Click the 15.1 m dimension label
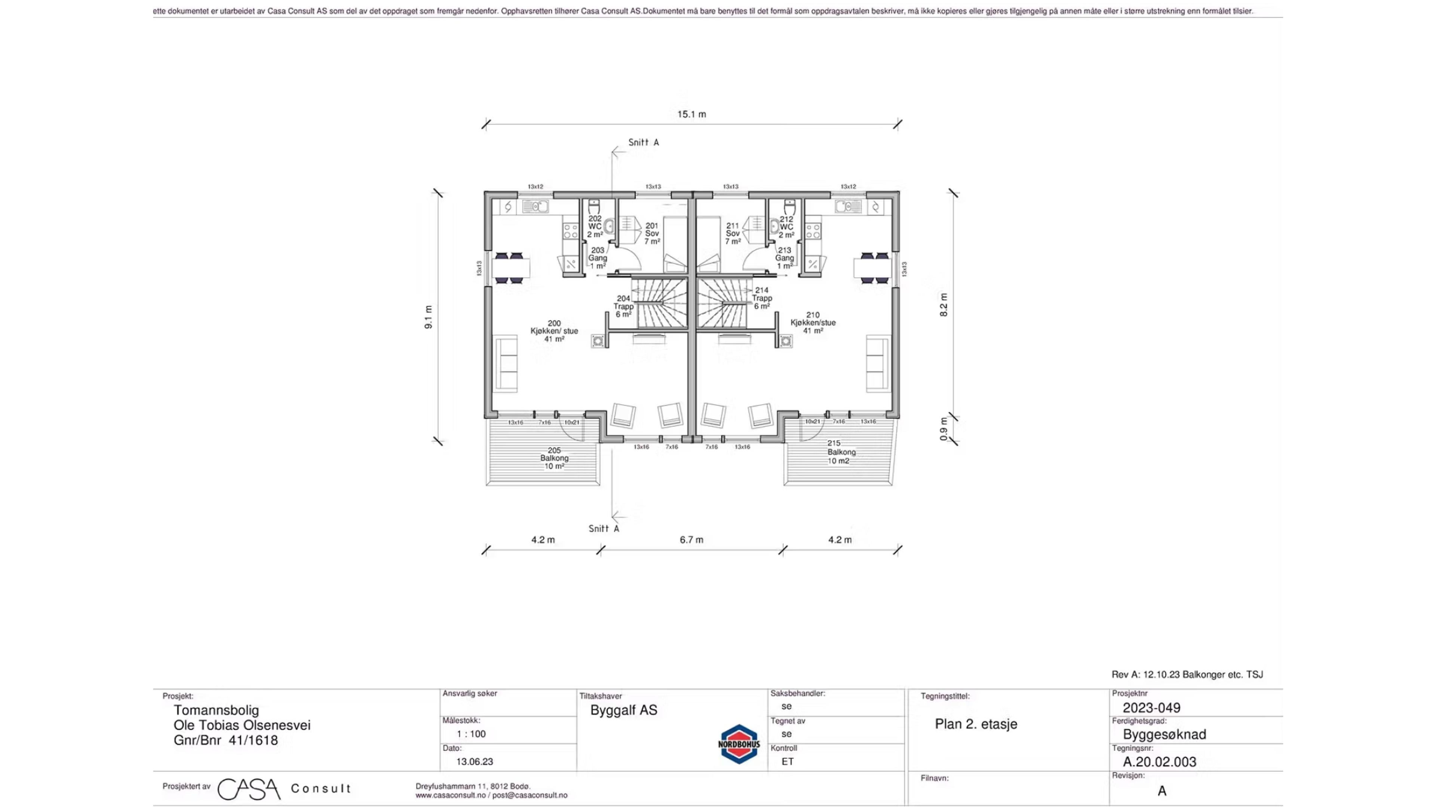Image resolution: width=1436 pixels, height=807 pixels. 691,114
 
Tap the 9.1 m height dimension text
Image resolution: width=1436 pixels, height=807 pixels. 429,317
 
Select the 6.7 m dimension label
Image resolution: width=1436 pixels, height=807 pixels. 691,539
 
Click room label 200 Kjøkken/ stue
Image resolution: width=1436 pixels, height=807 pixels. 554,331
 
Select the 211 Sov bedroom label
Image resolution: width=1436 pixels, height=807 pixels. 733,234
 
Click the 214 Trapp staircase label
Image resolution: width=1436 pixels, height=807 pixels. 761,298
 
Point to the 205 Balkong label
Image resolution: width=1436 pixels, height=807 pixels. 554,458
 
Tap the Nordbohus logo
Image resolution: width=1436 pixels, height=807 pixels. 739,744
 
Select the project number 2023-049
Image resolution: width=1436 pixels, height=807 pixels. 1151,708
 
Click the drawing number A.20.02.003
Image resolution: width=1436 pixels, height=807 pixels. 1160,762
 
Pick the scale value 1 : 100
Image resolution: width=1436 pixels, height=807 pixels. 471,734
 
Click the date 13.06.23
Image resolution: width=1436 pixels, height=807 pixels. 475,761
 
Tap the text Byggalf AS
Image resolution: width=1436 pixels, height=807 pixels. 623,710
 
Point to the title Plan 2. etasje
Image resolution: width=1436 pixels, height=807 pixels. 976,724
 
